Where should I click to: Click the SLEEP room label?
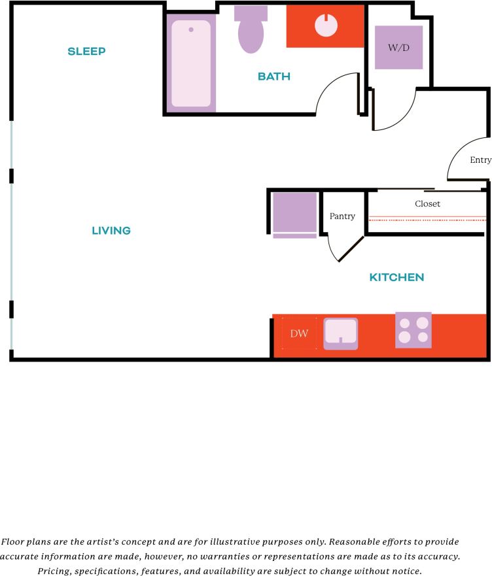[x=86, y=52]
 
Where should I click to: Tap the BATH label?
[x=273, y=76]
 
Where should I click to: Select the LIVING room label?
[x=111, y=231]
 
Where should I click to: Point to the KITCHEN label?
[x=396, y=277]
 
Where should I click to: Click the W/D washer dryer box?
[x=398, y=48]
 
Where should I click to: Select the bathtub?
[x=192, y=63]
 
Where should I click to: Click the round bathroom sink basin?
[x=326, y=25]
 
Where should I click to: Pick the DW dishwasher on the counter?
[x=299, y=334]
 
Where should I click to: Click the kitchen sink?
[x=341, y=332]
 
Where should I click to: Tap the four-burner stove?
[x=413, y=330]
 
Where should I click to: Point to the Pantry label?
[x=342, y=216]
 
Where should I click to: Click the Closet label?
[x=427, y=204]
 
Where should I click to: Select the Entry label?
[x=480, y=160]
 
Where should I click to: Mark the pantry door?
[x=350, y=249]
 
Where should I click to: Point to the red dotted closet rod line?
[x=427, y=220]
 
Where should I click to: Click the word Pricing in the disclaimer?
[x=55, y=571]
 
